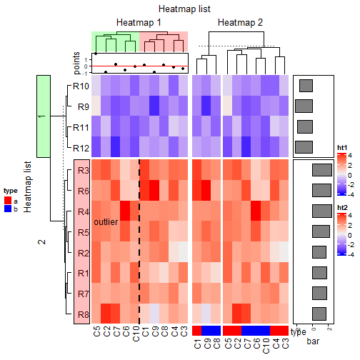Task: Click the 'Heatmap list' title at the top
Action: [x=180, y=9]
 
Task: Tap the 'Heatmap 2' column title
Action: [x=240, y=23]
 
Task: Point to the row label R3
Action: [x=83, y=171]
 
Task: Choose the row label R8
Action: [x=83, y=314]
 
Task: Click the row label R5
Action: [x=83, y=233]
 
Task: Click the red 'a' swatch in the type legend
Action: [x=7, y=201]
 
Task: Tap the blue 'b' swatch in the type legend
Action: [x=7, y=209]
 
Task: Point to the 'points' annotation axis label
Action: [x=77, y=62]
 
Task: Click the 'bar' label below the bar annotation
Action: [x=313, y=343]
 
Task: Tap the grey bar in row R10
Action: [x=306, y=86]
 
